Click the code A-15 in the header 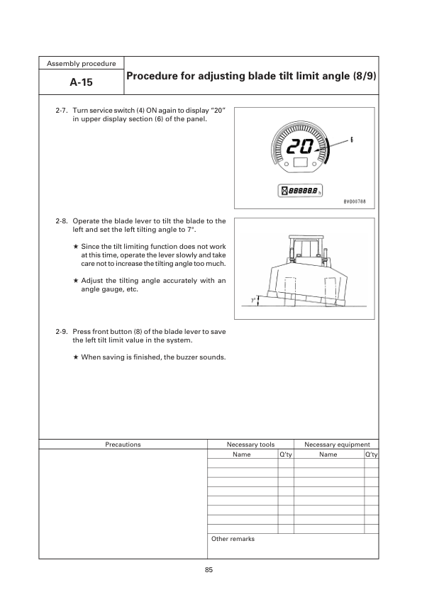pyautogui.click(x=82, y=82)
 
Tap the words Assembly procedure pyautogui.click(x=82, y=63)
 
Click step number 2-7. pyautogui.click(x=62, y=112)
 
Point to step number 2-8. pyautogui.click(x=62, y=221)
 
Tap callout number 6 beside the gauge pyautogui.click(x=352, y=140)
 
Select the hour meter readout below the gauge pyautogui.click(x=301, y=191)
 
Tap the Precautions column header pyautogui.click(x=123, y=445)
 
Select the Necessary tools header pyautogui.click(x=250, y=445)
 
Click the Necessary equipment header pyautogui.click(x=337, y=445)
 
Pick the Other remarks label pyautogui.click(x=233, y=539)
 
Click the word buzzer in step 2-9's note pyautogui.click(x=189, y=357)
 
